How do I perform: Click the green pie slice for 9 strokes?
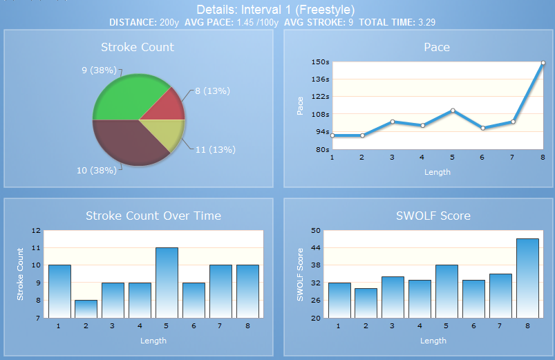127,99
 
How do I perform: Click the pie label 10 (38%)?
96,170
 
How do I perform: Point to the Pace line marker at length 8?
543,63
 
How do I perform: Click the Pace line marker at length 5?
453,111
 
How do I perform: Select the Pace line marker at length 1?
332,135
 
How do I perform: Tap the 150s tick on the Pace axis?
320,62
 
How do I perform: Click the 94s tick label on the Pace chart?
323,132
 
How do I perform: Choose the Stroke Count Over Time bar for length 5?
167,283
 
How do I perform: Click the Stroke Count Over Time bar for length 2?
86,309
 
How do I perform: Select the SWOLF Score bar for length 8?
527,278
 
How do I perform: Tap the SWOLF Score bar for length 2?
366,303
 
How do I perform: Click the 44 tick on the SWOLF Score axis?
316,248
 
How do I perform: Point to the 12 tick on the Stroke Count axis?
36,231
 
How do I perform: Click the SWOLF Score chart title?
433,216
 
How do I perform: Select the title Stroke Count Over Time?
153,216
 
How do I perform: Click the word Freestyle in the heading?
326,10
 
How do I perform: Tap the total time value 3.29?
427,22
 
